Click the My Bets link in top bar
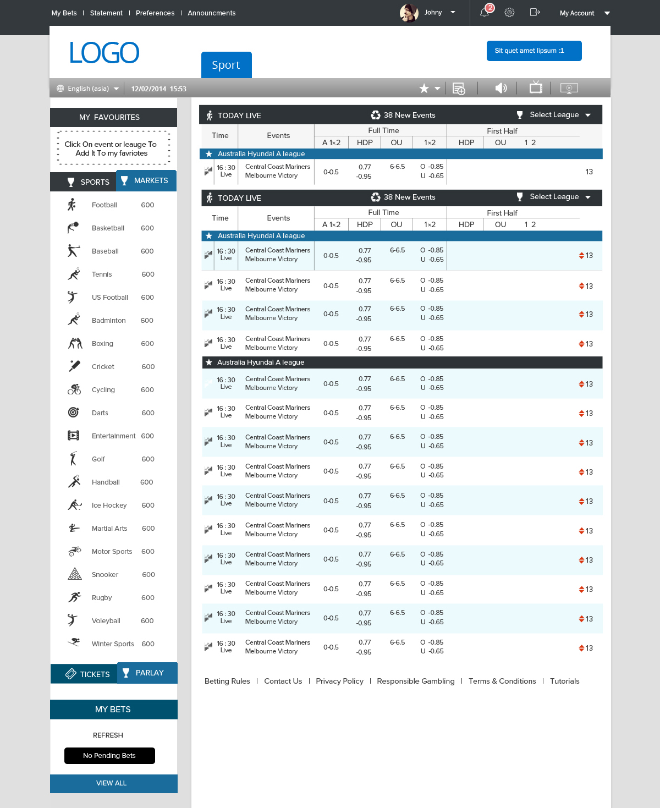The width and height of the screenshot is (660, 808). [x=64, y=13]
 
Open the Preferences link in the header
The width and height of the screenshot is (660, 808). [x=155, y=13]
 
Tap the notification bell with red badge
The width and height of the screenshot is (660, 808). [x=485, y=12]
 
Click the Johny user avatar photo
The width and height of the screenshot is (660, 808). [x=409, y=13]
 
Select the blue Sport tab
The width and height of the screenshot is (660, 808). [x=226, y=65]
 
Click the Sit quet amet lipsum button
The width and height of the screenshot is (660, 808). [x=533, y=51]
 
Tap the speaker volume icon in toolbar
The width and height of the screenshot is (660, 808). [x=501, y=88]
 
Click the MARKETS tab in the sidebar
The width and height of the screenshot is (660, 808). [x=146, y=180]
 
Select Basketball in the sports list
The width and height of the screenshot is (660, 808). [x=108, y=228]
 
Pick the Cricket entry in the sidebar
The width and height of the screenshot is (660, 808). [x=103, y=367]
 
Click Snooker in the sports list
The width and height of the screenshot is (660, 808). [x=105, y=575]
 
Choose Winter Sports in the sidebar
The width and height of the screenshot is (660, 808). [x=113, y=644]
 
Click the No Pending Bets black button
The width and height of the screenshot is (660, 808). [x=109, y=756]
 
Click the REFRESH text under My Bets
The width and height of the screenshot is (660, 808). [x=108, y=735]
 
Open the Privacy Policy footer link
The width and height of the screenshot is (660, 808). [x=339, y=681]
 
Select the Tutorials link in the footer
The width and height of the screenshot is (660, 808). [x=564, y=681]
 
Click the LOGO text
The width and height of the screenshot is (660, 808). [x=104, y=53]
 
